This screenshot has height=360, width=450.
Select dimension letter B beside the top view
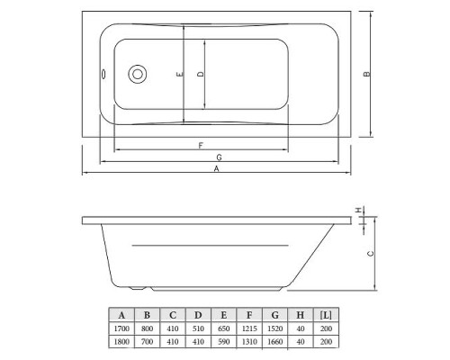coord(367,75)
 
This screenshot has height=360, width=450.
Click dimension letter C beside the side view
coord(370,255)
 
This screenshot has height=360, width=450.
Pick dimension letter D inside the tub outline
coord(202,75)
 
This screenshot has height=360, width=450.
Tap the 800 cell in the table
coord(146,329)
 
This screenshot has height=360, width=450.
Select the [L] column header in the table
coord(326,314)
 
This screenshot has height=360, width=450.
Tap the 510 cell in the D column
coord(197,329)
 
